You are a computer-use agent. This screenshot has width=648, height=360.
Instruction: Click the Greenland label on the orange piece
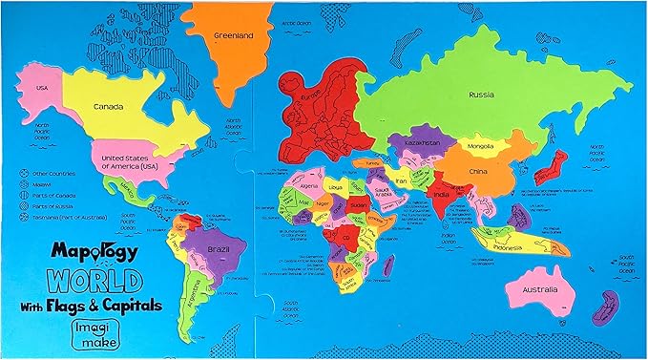click(x=232, y=36)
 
